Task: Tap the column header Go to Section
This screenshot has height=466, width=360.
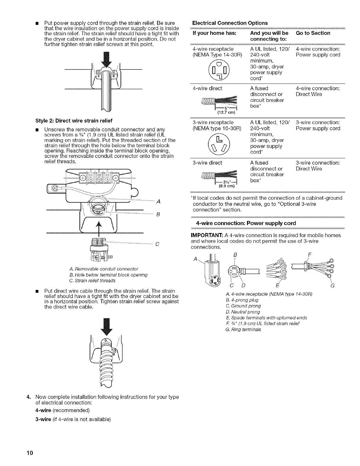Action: point(313,33)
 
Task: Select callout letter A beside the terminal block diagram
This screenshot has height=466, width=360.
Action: point(158,202)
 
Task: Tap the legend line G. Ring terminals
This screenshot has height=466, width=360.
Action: point(243,329)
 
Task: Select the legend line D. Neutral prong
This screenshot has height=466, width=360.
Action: point(242,312)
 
